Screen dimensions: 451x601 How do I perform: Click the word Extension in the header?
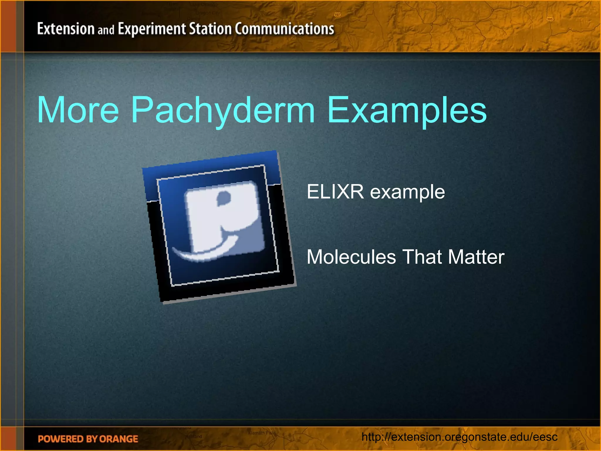66,29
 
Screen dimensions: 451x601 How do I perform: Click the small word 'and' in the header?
106,30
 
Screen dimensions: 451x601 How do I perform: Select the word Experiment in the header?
152,29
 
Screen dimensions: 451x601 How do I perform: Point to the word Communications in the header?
284,29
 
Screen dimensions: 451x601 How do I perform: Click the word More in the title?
78,110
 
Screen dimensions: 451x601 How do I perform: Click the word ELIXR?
335,192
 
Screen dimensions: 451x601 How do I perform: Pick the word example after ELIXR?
407,192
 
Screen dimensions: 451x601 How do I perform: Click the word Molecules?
351,257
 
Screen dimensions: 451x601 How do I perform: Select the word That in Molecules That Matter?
422,257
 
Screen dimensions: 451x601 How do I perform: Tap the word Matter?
476,257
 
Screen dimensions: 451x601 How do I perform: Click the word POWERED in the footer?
60,439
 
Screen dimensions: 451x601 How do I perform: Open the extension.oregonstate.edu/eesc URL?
459,437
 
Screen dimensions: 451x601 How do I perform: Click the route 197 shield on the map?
337,14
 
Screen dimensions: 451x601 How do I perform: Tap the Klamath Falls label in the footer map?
262,433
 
